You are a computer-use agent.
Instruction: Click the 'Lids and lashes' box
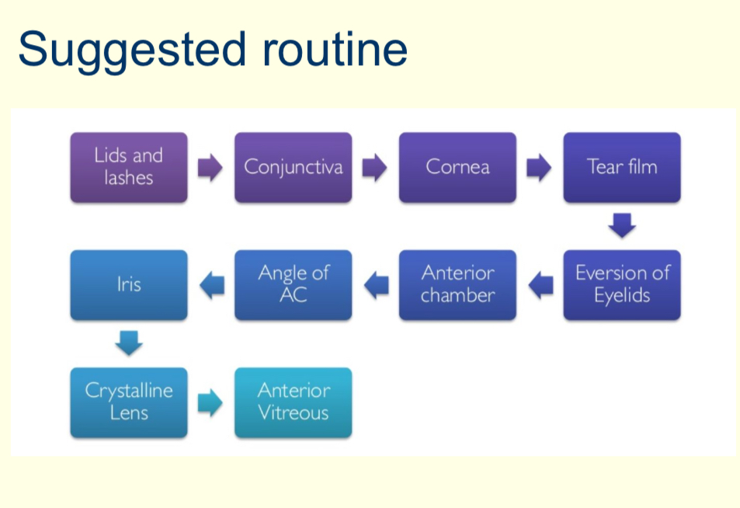[x=129, y=167]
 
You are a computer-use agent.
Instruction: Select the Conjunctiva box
[x=293, y=167]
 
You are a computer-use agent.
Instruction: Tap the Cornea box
[x=457, y=167]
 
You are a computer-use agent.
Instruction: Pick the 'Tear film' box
[x=622, y=167]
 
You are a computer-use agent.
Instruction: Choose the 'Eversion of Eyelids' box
[x=622, y=284]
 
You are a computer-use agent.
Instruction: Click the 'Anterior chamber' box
[x=457, y=284]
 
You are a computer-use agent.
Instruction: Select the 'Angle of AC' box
[x=293, y=284]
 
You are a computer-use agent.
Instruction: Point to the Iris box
[x=129, y=284]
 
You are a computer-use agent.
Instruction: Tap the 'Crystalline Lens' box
[x=129, y=402]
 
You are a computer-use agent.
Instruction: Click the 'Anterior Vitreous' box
[x=293, y=402]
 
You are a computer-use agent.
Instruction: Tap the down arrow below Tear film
[x=622, y=225]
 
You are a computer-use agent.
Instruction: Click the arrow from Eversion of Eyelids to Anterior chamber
[x=540, y=285]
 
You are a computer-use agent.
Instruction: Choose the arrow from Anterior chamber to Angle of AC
[x=376, y=285]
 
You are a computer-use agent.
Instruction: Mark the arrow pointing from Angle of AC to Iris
[x=211, y=285]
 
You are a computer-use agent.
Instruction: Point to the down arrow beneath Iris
[x=129, y=343]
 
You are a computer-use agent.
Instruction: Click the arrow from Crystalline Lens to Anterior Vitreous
[x=210, y=402]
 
